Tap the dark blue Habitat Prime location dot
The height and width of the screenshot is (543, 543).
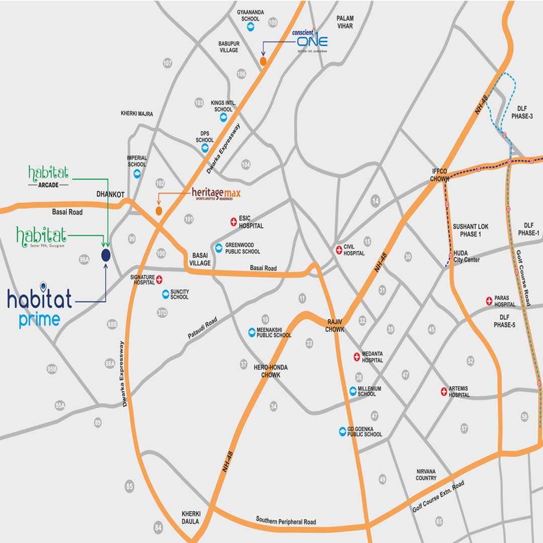[106, 255]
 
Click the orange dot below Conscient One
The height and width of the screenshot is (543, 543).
[263, 61]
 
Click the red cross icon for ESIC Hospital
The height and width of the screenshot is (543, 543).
[233, 221]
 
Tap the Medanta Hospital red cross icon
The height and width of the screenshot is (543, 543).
[356, 356]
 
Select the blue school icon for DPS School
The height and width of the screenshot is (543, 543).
[205, 148]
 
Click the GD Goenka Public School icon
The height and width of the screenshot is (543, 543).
[342, 431]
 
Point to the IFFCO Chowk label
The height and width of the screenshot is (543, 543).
[439, 174]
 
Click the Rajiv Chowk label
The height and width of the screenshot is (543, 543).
[335, 326]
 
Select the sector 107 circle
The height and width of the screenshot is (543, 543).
[167, 63]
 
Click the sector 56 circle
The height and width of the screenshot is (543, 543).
[525, 416]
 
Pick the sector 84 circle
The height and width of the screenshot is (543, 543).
[159, 527]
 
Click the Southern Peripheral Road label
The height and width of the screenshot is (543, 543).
[286, 521]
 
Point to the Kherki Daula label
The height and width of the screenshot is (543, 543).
[191, 517]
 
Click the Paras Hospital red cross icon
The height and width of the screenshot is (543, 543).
[489, 301]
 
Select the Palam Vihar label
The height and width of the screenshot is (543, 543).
[345, 22]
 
